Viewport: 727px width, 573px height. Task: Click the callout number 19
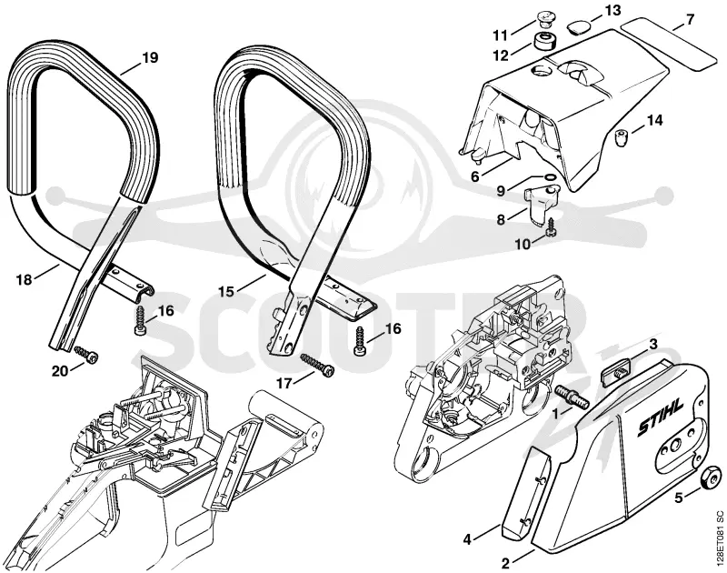150,57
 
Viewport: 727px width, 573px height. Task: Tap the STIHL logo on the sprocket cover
660,417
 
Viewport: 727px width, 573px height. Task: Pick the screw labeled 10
551,226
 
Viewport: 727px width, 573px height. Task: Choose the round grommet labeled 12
545,41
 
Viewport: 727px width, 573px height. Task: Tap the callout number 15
226,291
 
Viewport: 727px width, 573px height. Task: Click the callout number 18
25,280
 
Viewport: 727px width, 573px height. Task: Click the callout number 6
474,176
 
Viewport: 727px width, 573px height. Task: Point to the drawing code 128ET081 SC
719,537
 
